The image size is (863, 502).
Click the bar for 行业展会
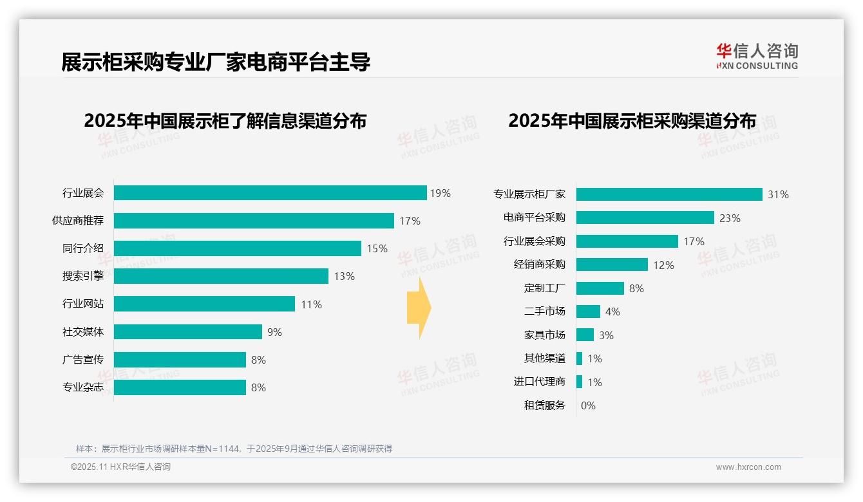270,193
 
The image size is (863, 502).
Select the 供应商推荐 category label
78,221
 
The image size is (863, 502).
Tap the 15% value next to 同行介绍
377,248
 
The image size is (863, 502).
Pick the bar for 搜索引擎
221,276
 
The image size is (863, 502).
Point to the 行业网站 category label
83,304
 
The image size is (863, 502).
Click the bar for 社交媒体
188,332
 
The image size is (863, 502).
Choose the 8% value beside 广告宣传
258,360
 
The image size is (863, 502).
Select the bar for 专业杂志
180,387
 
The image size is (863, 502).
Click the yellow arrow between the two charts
419,308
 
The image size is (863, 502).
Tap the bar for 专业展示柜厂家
669,194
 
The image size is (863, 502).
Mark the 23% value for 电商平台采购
730,218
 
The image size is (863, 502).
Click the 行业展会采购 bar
627,241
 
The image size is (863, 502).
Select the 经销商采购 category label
540,265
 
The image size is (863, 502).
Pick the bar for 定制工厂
600,288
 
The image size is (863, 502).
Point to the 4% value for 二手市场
612,311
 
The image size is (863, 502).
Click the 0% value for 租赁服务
588,405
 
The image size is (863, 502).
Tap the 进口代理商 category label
540,382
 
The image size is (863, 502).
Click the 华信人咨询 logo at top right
757,56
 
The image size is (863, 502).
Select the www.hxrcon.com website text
748,467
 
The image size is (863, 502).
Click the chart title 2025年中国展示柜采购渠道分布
632,121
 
